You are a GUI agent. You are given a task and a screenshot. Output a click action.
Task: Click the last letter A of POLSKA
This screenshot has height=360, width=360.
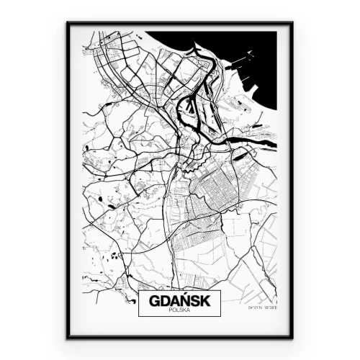pyautogui.click(x=187, y=310)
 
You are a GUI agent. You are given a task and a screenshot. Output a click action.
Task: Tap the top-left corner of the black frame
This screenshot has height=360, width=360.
pyautogui.click(x=68, y=23)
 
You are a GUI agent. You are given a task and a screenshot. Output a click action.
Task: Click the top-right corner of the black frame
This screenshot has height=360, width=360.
pyautogui.click(x=292, y=23)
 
